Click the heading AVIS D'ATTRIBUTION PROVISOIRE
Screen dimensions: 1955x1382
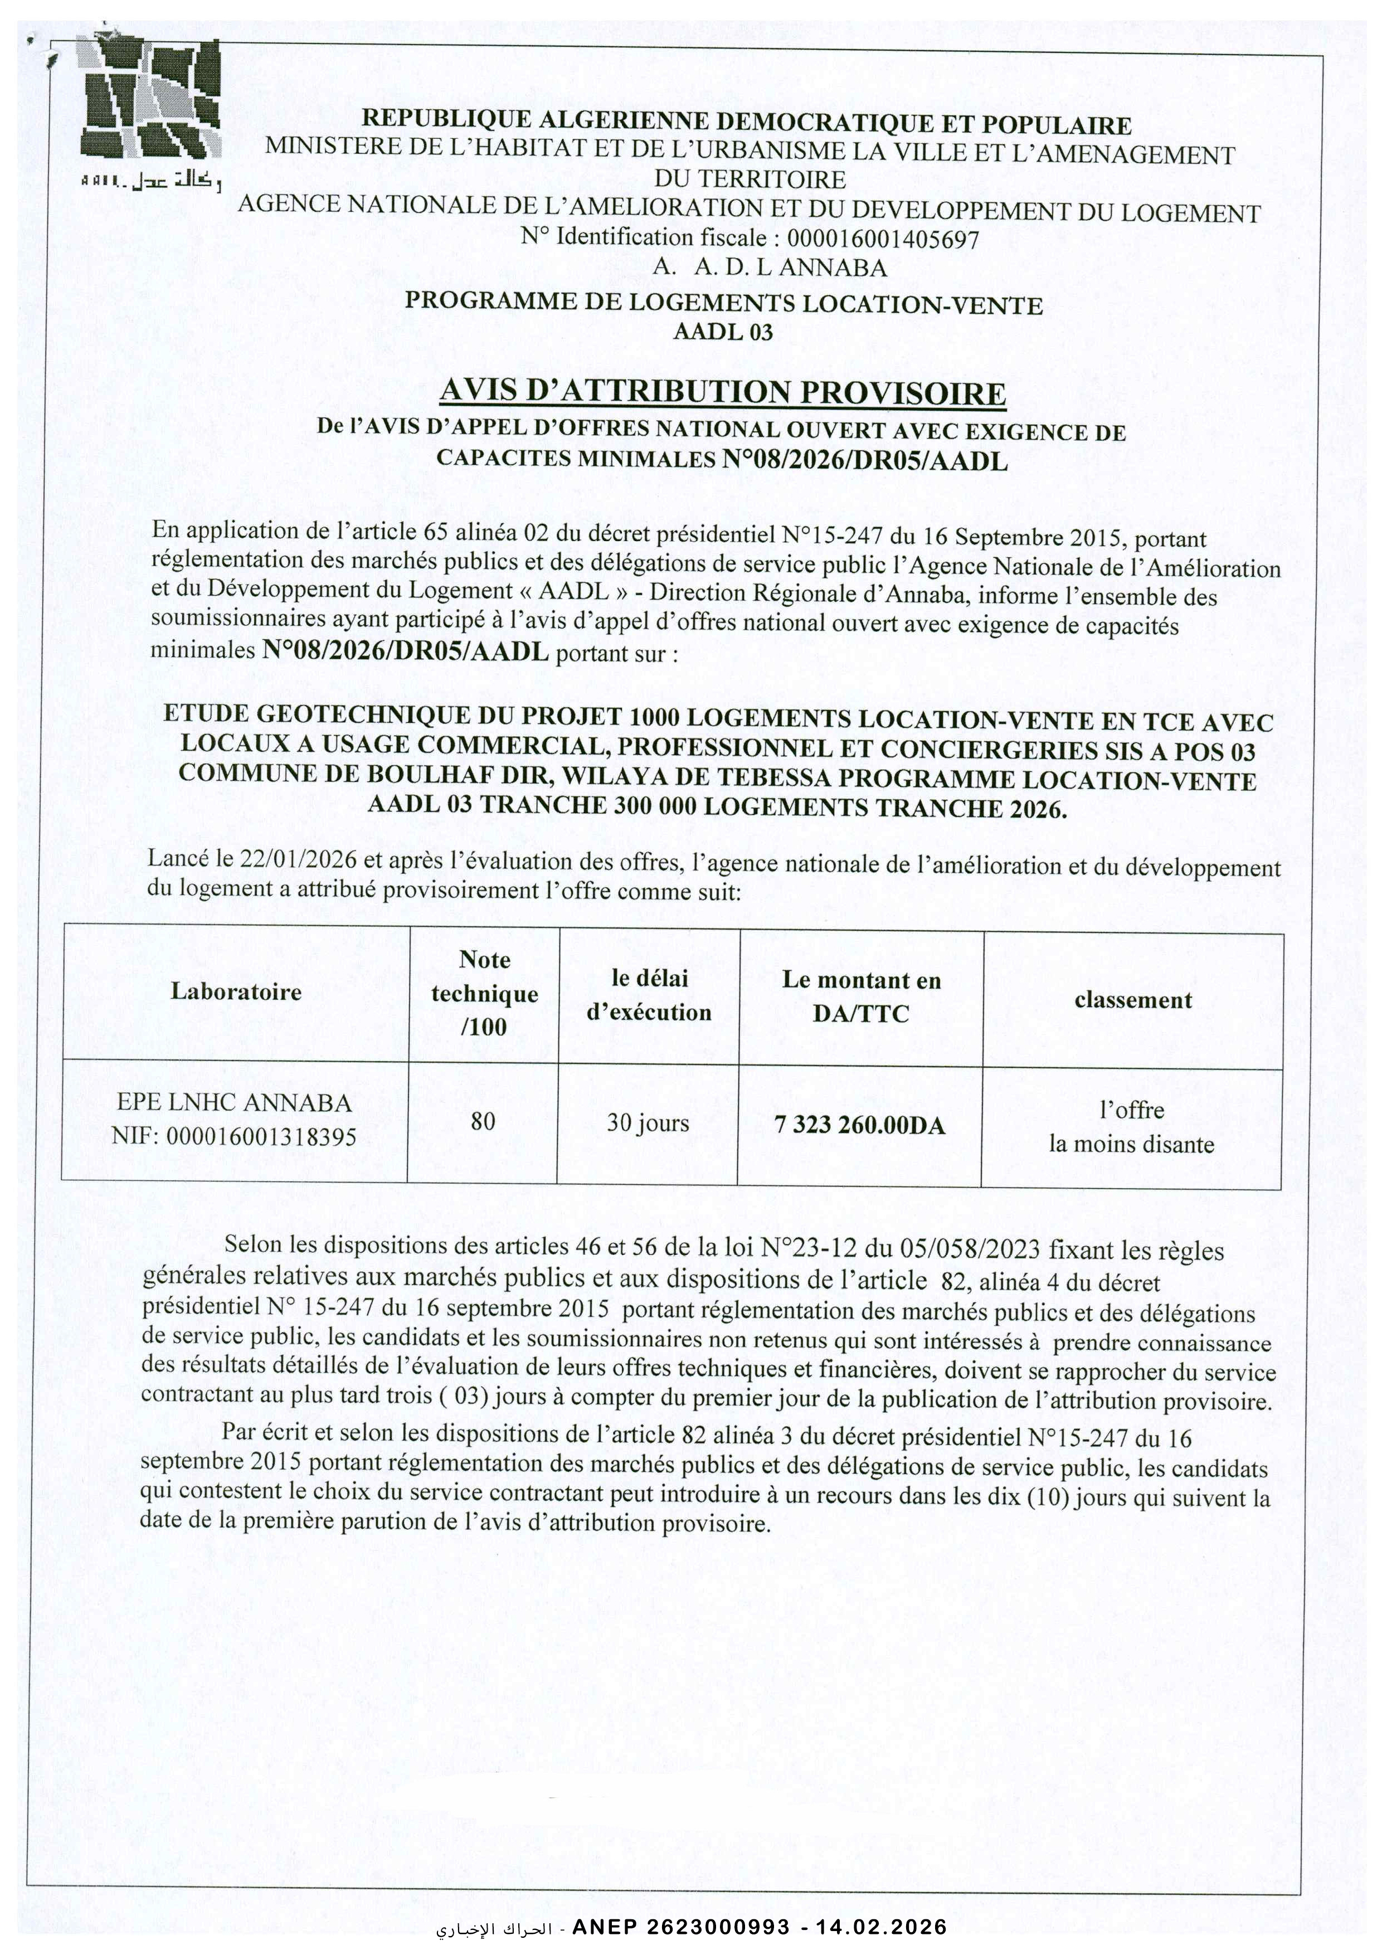click(722, 393)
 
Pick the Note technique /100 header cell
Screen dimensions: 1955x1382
click(484, 993)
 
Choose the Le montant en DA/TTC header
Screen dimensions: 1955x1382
click(861, 996)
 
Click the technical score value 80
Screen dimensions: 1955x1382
click(483, 1121)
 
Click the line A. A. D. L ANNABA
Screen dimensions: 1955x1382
click(769, 268)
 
